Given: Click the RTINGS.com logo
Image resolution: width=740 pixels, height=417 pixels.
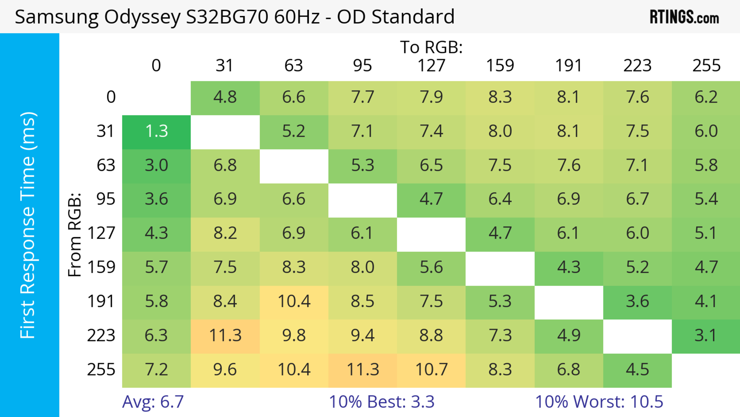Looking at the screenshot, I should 684,17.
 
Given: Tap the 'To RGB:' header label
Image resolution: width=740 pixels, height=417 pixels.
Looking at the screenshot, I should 431,47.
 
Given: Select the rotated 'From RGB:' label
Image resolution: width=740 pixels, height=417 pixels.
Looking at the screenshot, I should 75,235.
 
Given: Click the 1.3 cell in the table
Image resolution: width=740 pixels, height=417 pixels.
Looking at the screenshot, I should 156,131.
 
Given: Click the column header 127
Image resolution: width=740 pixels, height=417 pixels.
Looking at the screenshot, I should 431,66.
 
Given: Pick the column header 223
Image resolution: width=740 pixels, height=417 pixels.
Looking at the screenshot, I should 637,66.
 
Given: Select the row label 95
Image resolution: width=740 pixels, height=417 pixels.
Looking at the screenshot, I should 106,199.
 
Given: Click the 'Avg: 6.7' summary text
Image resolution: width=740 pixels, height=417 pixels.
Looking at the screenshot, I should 153,402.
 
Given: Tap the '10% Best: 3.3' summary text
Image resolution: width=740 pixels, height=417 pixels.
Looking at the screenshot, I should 382,402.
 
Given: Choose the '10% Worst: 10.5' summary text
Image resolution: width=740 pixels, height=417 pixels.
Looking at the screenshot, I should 599,402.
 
